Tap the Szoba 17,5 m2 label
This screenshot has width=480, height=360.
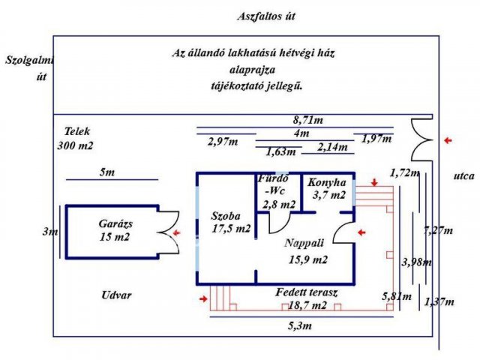point(231,222)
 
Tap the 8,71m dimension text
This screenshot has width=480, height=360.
point(308,120)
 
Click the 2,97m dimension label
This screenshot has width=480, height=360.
point(223,142)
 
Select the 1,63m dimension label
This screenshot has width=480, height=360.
point(280,151)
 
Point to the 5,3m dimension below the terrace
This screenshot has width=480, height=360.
point(300,325)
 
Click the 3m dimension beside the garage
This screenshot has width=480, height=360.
point(50,232)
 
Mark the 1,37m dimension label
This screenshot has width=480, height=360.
point(439,302)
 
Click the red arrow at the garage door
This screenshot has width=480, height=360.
point(177,233)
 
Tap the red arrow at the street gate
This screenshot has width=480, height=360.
point(448,140)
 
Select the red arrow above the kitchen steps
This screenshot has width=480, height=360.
point(374,182)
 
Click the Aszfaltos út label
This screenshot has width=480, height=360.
point(266,16)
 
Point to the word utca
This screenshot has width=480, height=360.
point(463,176)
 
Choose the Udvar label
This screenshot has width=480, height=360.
point(116,295)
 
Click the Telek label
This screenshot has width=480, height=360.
point(76,132)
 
